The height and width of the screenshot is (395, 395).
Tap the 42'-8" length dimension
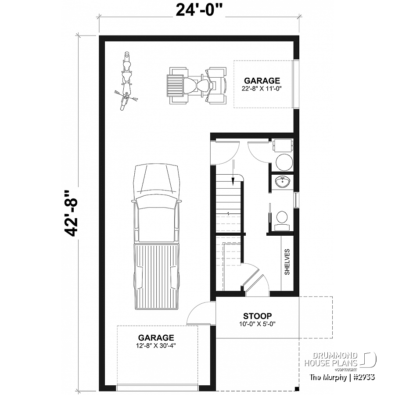coord(70,213)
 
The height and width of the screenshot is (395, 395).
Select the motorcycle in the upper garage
coord(127,82)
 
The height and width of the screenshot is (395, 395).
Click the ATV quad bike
coord(197,86)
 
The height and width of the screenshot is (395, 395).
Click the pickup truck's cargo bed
coord(157,276)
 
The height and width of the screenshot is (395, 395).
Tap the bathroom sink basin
coord(280,181)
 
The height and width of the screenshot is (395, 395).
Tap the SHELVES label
coord(287,262)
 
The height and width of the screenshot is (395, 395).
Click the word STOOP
coord(258,316)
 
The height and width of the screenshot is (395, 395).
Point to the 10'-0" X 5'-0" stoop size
coord(258,324)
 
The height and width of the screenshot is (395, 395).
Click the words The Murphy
coord(327,377)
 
